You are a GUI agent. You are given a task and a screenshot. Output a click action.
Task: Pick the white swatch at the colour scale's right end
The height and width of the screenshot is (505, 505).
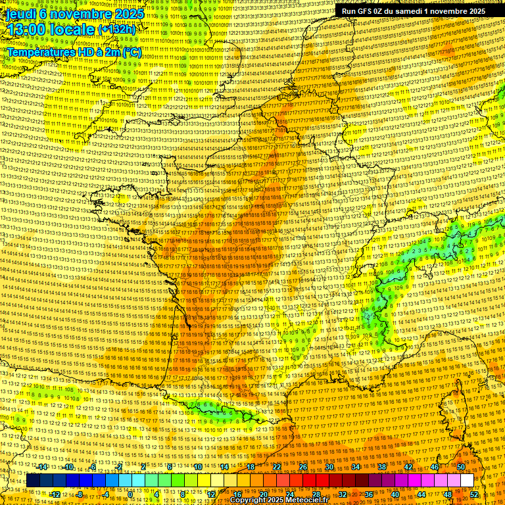point(467,481)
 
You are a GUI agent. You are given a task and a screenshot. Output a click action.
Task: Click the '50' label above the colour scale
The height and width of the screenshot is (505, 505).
point(461,467)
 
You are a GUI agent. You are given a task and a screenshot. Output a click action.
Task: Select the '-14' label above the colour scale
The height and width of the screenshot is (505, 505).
point(43,467)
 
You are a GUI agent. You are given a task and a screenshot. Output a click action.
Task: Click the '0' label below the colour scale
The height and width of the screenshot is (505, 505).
point(132,494)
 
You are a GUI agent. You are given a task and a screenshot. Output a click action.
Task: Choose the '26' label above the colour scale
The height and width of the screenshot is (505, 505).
point(303,467)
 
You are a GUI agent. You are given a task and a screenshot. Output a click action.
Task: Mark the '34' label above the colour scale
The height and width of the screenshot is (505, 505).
point(356,467)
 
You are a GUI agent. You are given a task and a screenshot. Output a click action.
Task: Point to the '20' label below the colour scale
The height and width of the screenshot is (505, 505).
point(264,494)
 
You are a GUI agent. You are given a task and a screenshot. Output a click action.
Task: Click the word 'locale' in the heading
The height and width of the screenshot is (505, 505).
point(72,30)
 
